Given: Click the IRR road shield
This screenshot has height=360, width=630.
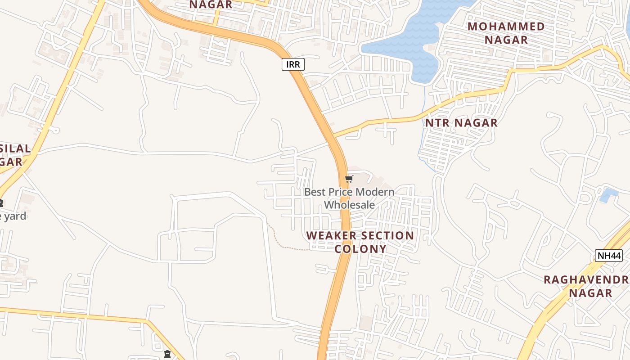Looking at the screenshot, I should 293,64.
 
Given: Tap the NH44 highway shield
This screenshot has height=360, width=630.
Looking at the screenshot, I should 608,256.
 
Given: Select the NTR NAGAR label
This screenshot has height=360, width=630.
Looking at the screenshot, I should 461,123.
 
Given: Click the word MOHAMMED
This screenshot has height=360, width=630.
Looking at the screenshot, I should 506,27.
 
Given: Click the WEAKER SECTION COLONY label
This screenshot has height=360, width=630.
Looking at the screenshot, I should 360,242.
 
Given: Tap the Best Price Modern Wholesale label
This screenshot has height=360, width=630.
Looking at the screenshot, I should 349,198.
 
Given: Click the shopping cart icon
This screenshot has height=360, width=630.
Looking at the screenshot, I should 349,179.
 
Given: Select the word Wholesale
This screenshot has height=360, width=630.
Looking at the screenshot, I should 349,205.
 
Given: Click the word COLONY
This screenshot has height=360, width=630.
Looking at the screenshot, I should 360,249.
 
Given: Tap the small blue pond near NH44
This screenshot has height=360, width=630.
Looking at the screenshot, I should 609,195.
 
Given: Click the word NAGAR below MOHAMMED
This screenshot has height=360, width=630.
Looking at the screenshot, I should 506,40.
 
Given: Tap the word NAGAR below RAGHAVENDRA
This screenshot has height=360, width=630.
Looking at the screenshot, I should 590,293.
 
